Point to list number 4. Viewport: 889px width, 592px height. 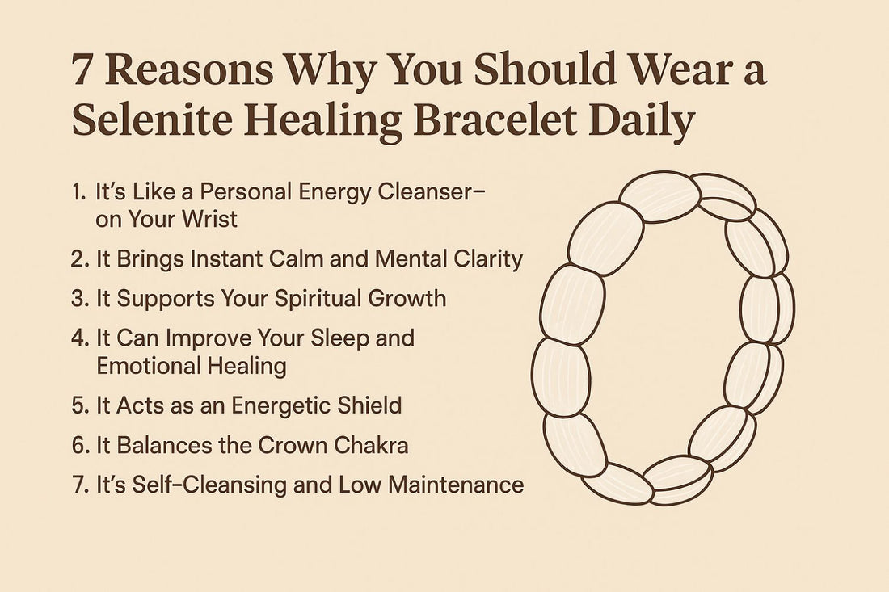(x=79, y=337)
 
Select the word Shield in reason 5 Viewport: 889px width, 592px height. (x=367, y=405)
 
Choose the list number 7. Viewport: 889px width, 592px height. (x=78, y=485)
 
